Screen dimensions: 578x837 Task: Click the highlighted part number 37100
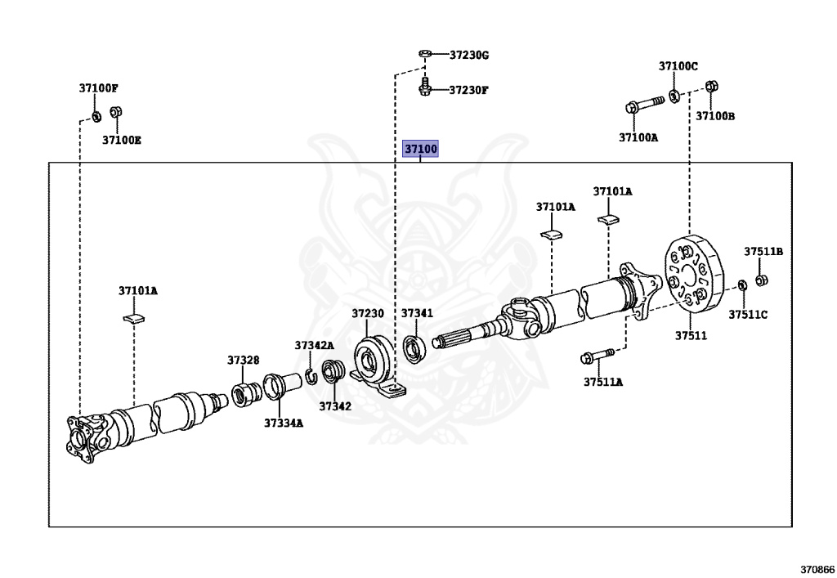click(x=421, y=149)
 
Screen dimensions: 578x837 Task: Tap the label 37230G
click(x=469, y=55)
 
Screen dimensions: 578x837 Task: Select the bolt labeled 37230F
click(x=426, y=86)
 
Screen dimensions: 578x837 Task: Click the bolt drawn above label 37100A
click(x=644, y=105)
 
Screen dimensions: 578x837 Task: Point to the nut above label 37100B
click(x=710, y=86)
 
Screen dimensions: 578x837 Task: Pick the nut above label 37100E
click(x=115, y=112)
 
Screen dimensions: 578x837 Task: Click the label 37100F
click(x=99, y=87)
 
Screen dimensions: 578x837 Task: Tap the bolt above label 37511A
click(x=597, y=356)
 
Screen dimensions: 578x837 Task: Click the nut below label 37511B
click(x=761, y=280)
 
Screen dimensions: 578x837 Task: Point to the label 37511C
click(x=748, y=314)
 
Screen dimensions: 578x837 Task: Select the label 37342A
click(x=314, y=345)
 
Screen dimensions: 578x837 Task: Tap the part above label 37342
click(x=332, y=372)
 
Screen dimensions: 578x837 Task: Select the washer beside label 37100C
click(x=675, y=96)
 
